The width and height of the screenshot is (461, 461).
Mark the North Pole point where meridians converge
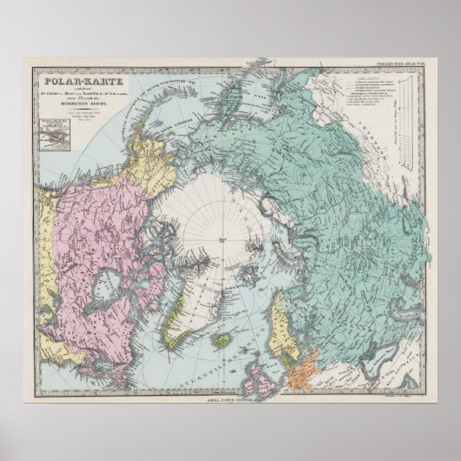223,237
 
